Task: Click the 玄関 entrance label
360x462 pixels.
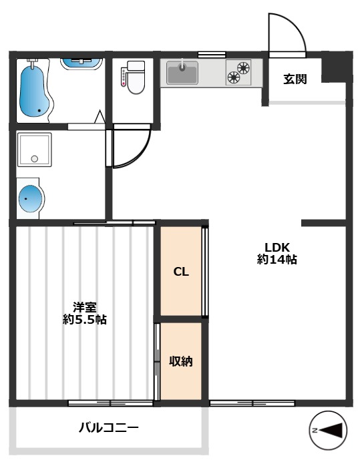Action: (295, 79)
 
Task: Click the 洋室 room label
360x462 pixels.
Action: (84, 307)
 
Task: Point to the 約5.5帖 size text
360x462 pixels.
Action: (84, 320)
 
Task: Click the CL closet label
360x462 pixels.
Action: (180, 272)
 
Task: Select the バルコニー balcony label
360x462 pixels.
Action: (108, 428)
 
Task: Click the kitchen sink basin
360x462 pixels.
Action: (182, 72)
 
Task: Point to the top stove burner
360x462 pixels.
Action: (242, 66)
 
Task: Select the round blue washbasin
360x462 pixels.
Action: (29, 199)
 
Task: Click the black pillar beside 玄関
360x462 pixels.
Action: (336, 67)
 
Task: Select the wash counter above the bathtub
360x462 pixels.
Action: (82, 62)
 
